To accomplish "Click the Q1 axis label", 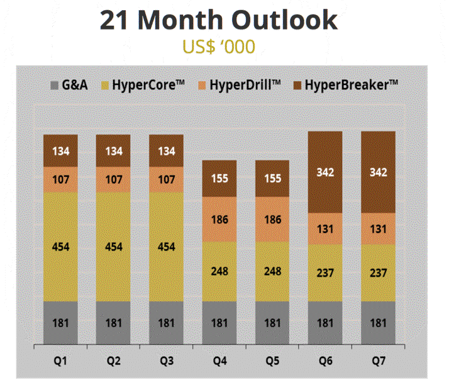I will [60, 360].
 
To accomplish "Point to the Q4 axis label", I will [219, 360].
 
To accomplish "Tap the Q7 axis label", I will [378, 360].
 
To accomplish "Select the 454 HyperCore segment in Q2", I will [113, 247].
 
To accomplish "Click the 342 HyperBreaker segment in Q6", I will [325, 172].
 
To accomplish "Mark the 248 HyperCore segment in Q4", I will [219, 272].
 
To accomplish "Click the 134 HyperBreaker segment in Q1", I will [60, 151].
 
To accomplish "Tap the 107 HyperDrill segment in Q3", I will [166, 179].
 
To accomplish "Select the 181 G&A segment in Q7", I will [378, 323].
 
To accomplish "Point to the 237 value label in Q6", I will [325, 273].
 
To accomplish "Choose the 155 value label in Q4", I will [219, 178].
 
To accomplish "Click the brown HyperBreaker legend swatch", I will [297, 84].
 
